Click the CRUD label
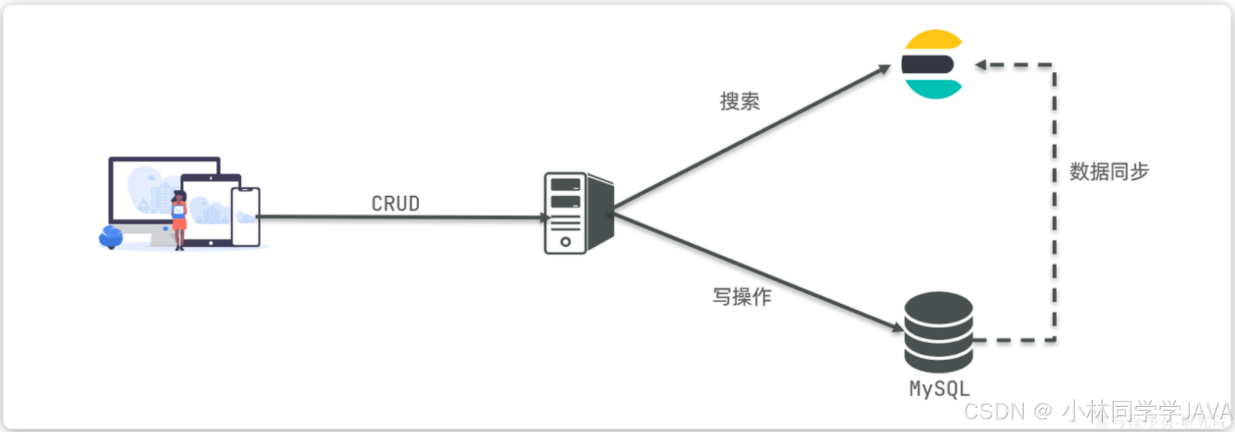coord(395,204)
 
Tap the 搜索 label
coord(740,101)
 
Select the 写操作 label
coord(742,297)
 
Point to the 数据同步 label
coord(1109,171)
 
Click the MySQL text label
coord(939,389)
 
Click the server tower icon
coord(578,213)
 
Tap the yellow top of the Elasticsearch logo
coord(934,39)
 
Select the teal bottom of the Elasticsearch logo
coord(934,89)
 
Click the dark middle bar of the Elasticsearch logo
coord(927,64)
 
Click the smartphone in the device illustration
coord(246,216)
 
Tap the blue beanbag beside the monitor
coord(110,237)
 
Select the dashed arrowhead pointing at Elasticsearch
coord(981,65)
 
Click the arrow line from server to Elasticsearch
coord(748,138)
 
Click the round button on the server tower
coord(565,242)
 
